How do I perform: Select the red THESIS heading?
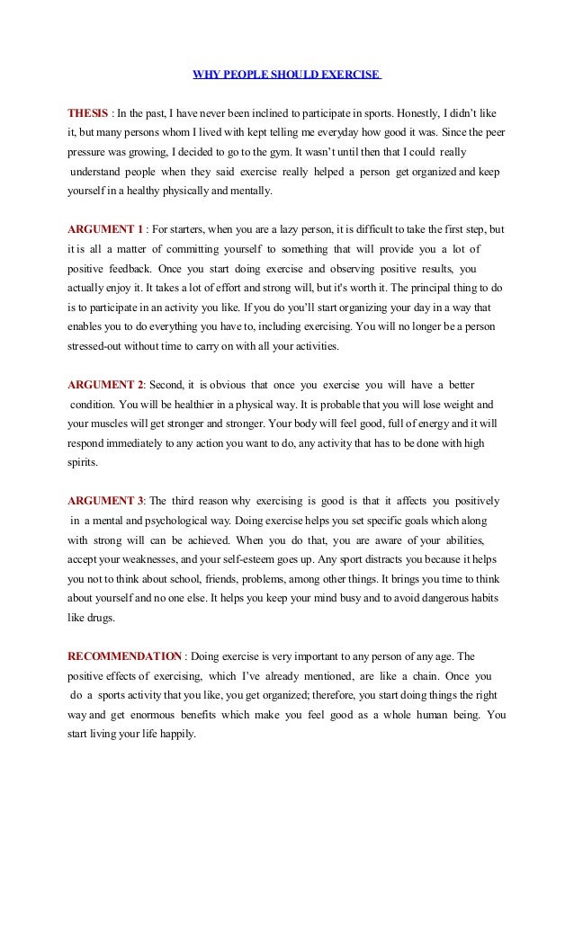(x=87, y=114)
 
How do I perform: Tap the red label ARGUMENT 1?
(x=104, y=228)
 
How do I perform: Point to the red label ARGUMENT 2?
(x=105, y=385)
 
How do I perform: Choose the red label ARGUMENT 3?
(x=104, y=501)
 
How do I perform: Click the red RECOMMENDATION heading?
(x=124, y=656)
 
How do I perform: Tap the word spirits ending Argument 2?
(x=84, y=463)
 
